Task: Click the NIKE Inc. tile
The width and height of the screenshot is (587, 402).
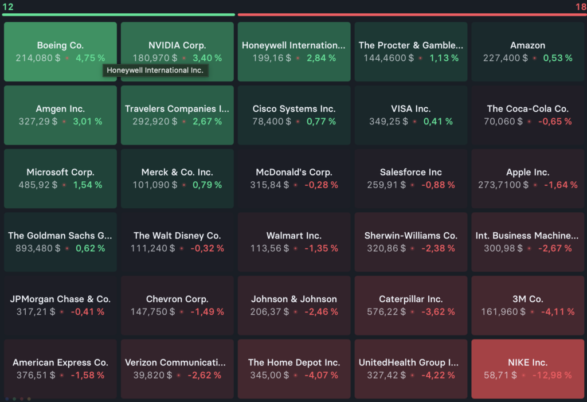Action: click(527, 369)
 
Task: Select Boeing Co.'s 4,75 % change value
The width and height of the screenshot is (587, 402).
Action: click(90, 58)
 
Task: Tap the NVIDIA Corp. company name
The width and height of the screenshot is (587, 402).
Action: click(177, 45)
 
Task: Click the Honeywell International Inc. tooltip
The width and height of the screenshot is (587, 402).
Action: click(155, 71)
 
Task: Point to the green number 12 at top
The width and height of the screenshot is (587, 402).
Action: click(8, 6)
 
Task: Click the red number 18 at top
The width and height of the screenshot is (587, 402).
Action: click(580, 6)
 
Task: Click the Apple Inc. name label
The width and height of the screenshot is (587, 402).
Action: click(527, 172)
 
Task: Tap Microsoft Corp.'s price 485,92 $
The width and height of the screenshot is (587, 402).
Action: click(36, 185)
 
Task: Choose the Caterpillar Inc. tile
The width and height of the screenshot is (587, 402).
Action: click(410, 305)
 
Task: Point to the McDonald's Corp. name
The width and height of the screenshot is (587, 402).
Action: click(294, 172)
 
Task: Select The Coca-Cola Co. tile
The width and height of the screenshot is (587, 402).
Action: click(527, 115)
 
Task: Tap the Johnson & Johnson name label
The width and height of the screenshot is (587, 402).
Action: click(294, 299)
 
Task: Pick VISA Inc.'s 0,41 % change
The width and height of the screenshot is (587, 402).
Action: click(438, 122)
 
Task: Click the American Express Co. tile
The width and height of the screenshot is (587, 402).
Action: click(60, 369)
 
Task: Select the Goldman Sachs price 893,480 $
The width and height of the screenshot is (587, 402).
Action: click(38, 248)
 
